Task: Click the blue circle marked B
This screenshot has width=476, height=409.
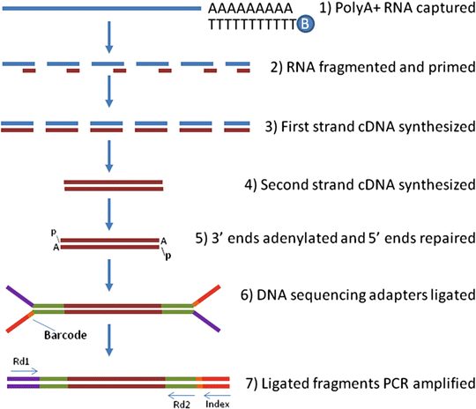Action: [x=306, y=24]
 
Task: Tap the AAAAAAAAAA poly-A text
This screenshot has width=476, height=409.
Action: [x=250, y=9]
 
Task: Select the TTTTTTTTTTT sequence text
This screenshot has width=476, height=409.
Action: [x=252, y=24]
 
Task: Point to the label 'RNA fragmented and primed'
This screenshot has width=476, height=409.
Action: [x=373, y=67]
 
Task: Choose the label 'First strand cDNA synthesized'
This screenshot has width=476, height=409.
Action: [x=370, y=127]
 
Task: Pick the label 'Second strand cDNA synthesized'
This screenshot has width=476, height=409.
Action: [x=360, y=184]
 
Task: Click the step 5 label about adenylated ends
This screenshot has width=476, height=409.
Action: [x=336, y=238]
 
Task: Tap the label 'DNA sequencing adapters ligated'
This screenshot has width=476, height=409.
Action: [x=358, y=294]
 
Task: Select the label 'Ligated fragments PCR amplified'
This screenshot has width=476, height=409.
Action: [x=361, y=383]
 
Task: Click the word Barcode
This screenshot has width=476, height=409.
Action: [x=65, y=335]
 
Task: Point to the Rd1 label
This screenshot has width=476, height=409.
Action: [x=21, y=361]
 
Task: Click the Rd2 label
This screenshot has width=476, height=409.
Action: [x=182, y=405]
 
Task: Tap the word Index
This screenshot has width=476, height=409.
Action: [x=218, y=404]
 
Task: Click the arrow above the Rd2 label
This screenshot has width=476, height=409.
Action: [x=182, y=395]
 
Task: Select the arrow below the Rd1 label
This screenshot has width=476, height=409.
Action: [x=24, y=371]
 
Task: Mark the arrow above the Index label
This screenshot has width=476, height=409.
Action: [x=218, y=395]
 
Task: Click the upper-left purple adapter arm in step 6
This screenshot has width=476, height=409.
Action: [x=19, y=295]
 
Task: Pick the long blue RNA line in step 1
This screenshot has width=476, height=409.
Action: [x=101, y=9]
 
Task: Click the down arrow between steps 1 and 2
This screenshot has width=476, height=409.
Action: [x=109, y=37]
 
